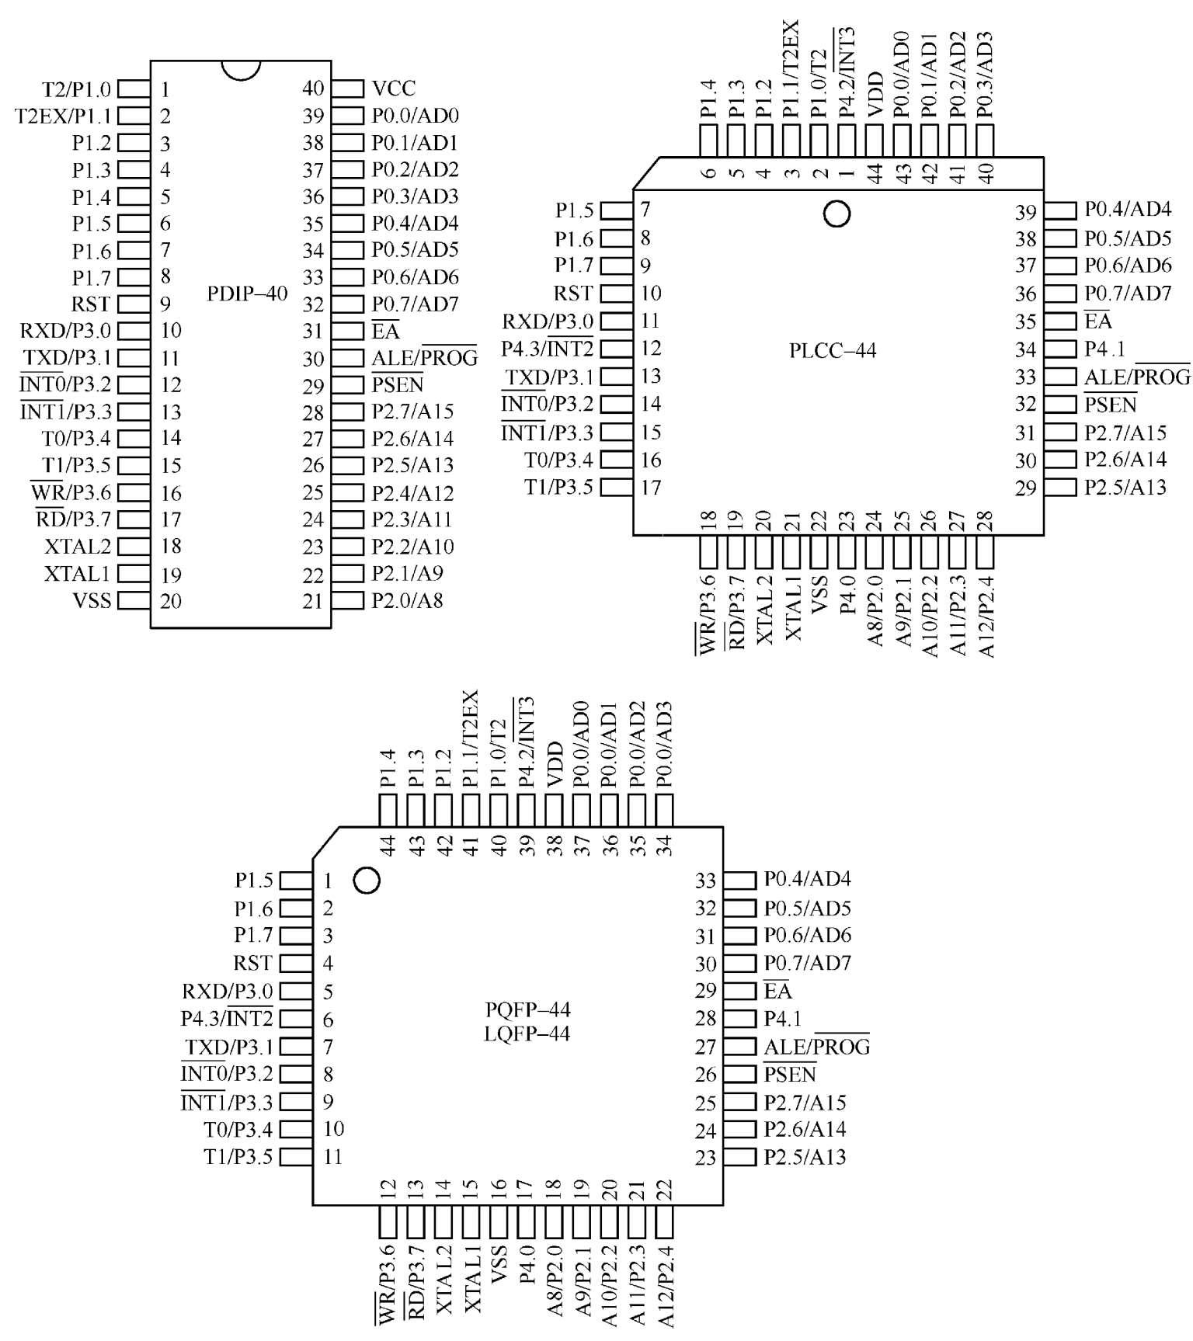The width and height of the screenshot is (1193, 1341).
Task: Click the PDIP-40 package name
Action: click(247, 294)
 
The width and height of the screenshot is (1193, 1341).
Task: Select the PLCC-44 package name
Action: click(832, 351)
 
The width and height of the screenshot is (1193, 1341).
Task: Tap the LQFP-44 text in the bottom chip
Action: click(527, 1034)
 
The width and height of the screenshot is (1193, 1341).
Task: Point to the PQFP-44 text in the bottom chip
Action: click(527, 1009)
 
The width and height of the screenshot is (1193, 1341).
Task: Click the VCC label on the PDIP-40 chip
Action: click(394, 89)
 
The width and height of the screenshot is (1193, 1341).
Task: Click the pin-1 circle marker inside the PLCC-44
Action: click(836, 213)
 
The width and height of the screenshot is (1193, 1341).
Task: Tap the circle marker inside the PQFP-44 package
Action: click(366, 881)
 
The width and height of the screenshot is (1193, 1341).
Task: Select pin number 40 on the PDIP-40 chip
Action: click(313, 89)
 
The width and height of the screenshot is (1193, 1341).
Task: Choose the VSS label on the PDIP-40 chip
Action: click(92, 601)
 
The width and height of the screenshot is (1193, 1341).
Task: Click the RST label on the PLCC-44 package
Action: click(573, 294)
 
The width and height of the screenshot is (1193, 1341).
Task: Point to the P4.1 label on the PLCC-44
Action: click(1104, 349)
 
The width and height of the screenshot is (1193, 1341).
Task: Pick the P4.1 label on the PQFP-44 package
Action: click(783, 1019)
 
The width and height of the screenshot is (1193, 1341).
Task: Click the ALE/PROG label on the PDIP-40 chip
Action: click(424, 358)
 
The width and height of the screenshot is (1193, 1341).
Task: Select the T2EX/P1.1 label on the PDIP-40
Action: click(64, 116)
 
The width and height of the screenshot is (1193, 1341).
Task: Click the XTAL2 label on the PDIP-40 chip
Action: click(78, 547)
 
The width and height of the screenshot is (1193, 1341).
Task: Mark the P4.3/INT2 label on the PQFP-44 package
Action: click(227, 1019)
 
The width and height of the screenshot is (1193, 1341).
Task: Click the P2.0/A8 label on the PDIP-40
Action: click(407, 601)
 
